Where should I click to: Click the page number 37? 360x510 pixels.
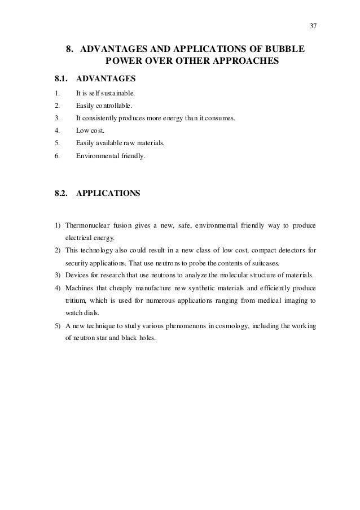click(x=313, y=25)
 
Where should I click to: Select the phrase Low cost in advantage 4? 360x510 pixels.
click(x=89, y=130)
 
